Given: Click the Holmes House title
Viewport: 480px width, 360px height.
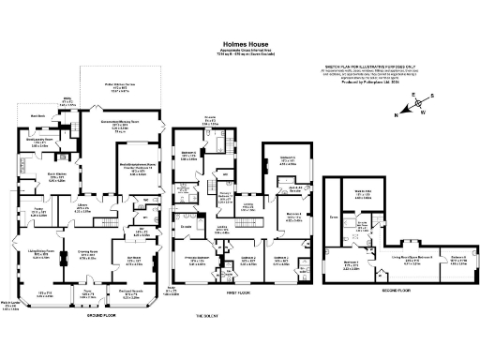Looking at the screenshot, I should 240,43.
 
